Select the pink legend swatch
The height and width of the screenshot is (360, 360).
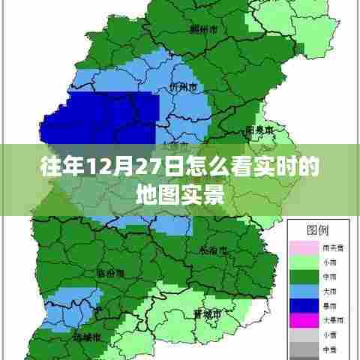[x=299, y=245]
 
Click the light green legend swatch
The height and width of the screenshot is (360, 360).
[x=299, y=261]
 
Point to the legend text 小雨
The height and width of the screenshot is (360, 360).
[x=328, y=261]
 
